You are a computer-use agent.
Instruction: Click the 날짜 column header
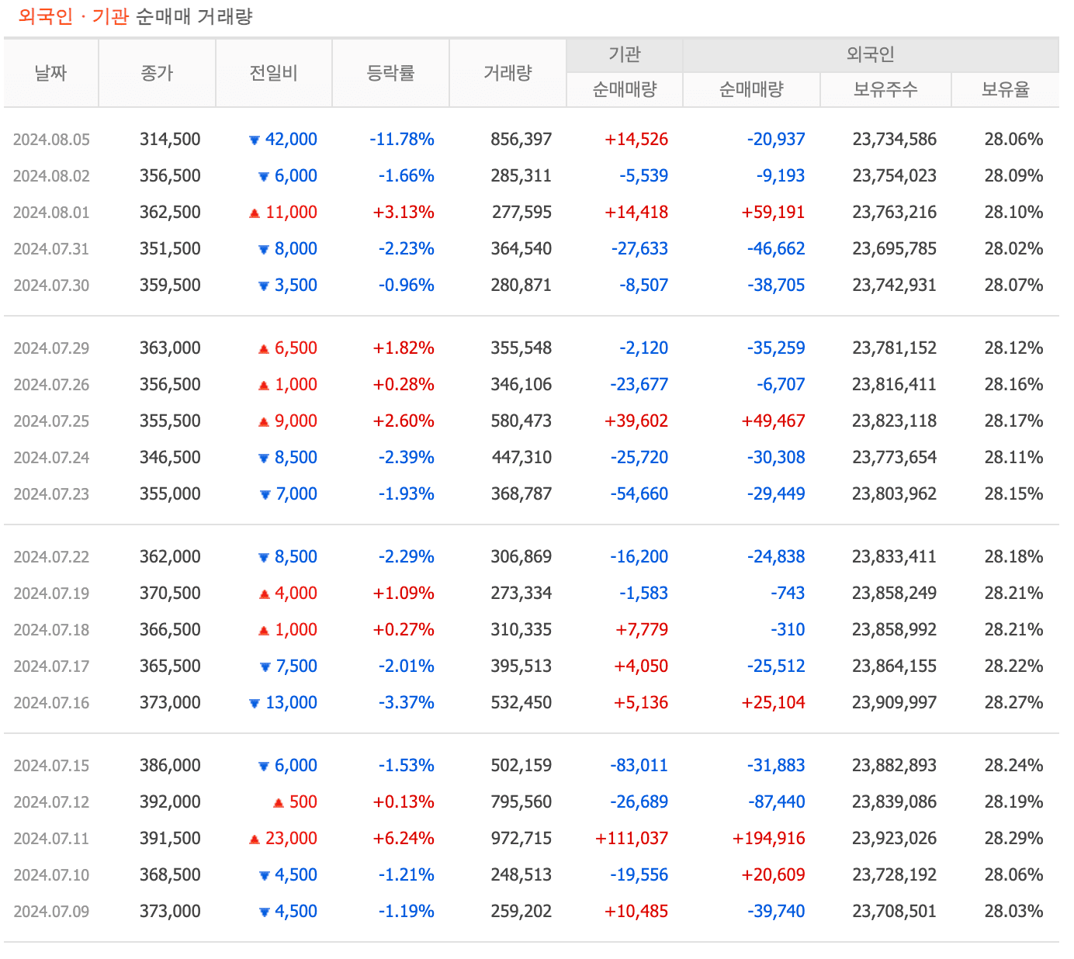coord(51,73)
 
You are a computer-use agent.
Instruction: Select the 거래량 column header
coord(508,73)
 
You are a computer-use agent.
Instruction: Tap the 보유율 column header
coord(1005,90)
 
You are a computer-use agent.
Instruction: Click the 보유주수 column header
coord(885,90)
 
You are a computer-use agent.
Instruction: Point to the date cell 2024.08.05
coord(51,140)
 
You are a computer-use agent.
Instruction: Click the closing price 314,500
coord(170,140)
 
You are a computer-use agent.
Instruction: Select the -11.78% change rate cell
coord(402,140)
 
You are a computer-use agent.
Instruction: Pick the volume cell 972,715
coord(521,839)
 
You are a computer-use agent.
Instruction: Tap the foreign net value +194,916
coord(768,839)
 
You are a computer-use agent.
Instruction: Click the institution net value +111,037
coord(632,839)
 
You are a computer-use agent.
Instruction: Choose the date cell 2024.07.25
coord(51,421)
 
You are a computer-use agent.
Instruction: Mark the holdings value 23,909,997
coord(894,703)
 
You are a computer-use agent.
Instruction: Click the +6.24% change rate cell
coord(404,839)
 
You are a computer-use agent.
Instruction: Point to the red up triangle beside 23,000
coord(254,840)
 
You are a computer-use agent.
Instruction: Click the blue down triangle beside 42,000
coord(254,140)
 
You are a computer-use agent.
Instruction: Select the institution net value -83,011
coord(639,766)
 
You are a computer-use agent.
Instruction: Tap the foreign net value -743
coord(788,594)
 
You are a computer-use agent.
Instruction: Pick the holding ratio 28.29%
coord(1013,839)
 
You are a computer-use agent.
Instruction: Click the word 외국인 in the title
coord(46,17)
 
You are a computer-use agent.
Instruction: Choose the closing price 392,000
coord(170,802)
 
